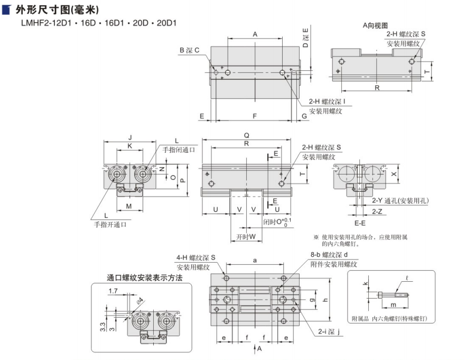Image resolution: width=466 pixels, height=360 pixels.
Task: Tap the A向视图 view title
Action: [375, 25]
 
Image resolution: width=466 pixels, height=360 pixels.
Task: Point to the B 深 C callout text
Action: [189, 50]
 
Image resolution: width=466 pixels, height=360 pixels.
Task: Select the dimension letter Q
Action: [247, 135]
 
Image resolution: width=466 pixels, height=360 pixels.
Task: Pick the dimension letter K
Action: [130, 146]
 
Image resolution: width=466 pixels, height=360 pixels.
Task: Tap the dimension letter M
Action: [128, 205]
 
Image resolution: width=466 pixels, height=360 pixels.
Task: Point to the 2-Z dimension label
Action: [377, 211]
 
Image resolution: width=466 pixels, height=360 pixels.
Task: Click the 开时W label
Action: [243, 236]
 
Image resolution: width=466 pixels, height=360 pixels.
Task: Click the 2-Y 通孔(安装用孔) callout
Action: [400, 200]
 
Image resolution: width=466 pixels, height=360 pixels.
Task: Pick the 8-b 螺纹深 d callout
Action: [333, 255]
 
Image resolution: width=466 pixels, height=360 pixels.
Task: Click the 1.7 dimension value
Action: [112, 291]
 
